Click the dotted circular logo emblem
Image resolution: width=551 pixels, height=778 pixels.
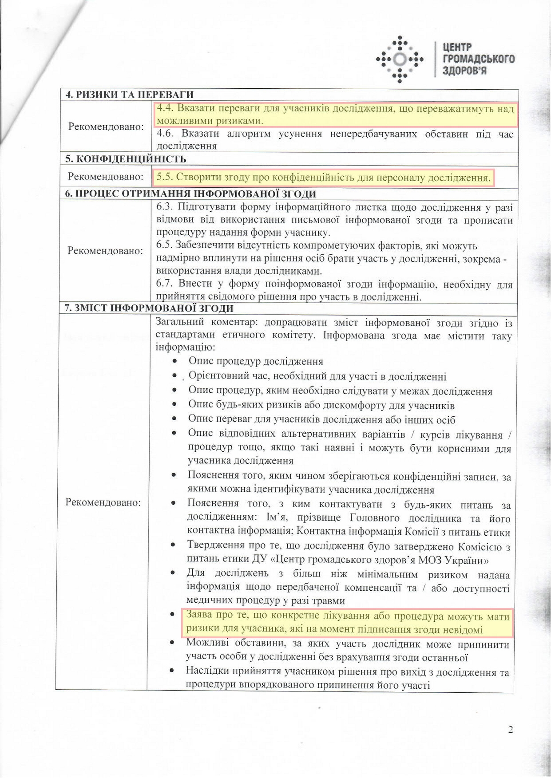(400, 59)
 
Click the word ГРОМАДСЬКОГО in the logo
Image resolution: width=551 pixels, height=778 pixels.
(479, 59)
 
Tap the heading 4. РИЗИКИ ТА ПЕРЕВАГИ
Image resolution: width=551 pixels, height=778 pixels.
(129, 95)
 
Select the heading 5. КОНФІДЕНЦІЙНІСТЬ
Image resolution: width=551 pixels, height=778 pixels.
(125, 159)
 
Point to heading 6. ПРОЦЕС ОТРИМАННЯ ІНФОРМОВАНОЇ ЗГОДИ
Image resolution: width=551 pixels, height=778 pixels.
(190, 194)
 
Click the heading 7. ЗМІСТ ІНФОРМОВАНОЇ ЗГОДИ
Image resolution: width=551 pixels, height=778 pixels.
(149, 308)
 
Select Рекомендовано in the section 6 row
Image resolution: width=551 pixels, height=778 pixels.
(105, 251)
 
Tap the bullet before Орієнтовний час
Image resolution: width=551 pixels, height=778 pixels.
(175, 376)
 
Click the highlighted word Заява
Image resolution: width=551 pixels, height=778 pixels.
(199, 616)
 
